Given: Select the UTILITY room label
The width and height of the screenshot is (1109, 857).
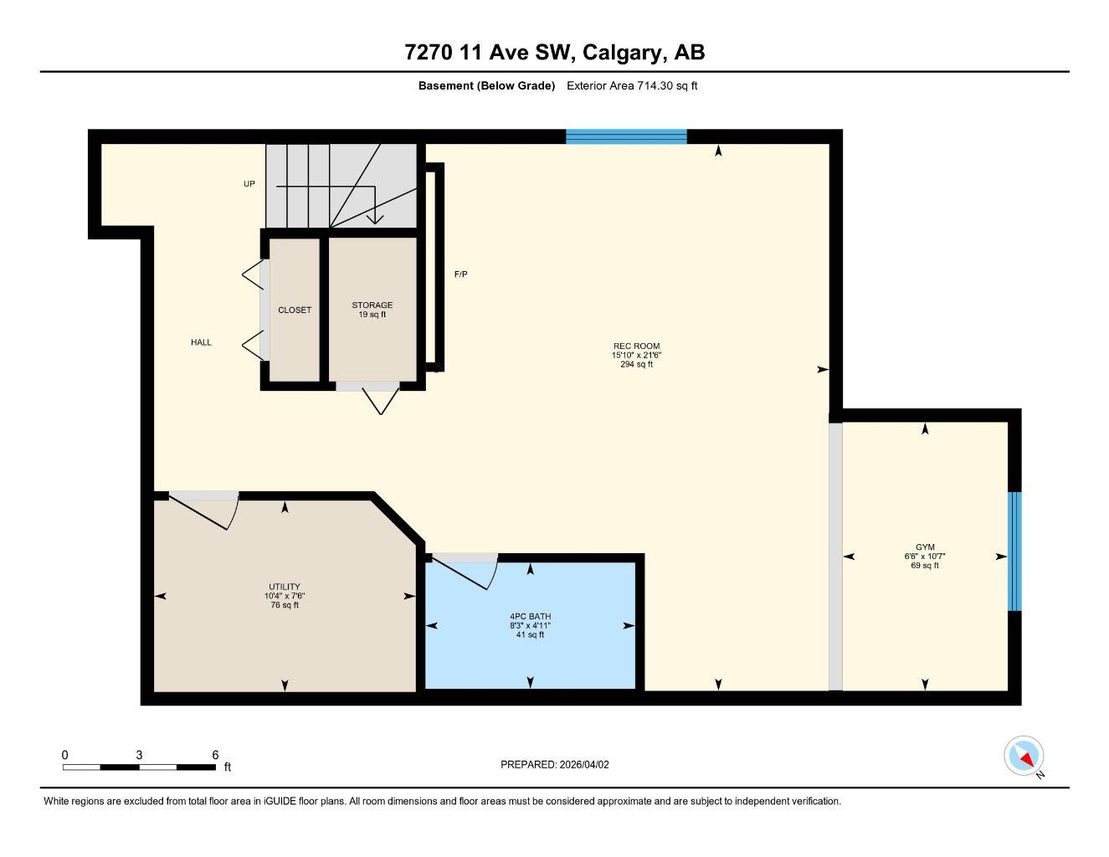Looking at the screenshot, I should click(x=285, y=587).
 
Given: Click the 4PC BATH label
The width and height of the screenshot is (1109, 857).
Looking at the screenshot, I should click(x=530, y=617).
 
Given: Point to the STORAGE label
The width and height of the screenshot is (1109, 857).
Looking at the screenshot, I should click(x=372, y=305).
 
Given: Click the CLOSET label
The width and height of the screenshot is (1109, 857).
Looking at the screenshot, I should click(x=295, y=310).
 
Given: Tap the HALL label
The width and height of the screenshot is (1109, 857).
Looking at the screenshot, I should click(x=201, y=342).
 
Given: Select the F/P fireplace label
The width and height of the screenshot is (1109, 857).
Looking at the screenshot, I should click(x=460, y=275).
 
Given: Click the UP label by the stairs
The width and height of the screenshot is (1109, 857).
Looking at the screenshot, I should click(x=249, y=184).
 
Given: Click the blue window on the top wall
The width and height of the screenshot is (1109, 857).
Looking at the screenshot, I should click(x=626, y=136).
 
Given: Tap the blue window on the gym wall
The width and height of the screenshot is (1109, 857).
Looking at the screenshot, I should click(x=1014, y=551).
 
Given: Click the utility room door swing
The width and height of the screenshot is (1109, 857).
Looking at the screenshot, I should click(x=205, y=511).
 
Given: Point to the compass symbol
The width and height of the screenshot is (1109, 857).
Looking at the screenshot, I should click(x=1024, y=756).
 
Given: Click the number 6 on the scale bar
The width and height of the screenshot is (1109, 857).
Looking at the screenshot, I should click(x=215, y=755).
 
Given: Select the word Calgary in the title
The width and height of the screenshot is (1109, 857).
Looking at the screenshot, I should click(x=621, y=53).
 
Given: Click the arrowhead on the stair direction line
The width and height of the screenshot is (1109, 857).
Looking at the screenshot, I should click(x=376, y=218).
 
